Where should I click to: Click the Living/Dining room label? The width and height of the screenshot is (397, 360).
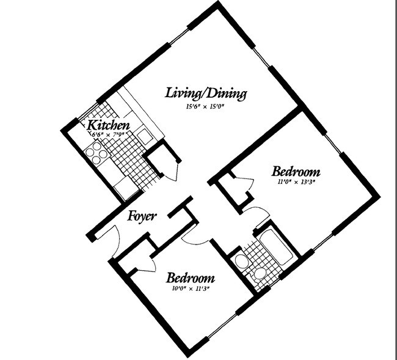point(206,94)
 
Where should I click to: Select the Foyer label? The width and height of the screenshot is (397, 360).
point(142,216)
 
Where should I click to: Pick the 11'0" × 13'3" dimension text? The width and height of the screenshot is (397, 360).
point(296,181)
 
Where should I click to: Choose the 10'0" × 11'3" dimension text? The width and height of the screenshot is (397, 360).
point(191,288)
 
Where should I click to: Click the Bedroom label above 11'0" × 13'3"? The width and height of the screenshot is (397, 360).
point(296,171)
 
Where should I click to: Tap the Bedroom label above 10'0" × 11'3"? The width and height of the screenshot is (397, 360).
point(191,277)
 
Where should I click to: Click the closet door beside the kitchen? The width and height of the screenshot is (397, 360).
point(171,169)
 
